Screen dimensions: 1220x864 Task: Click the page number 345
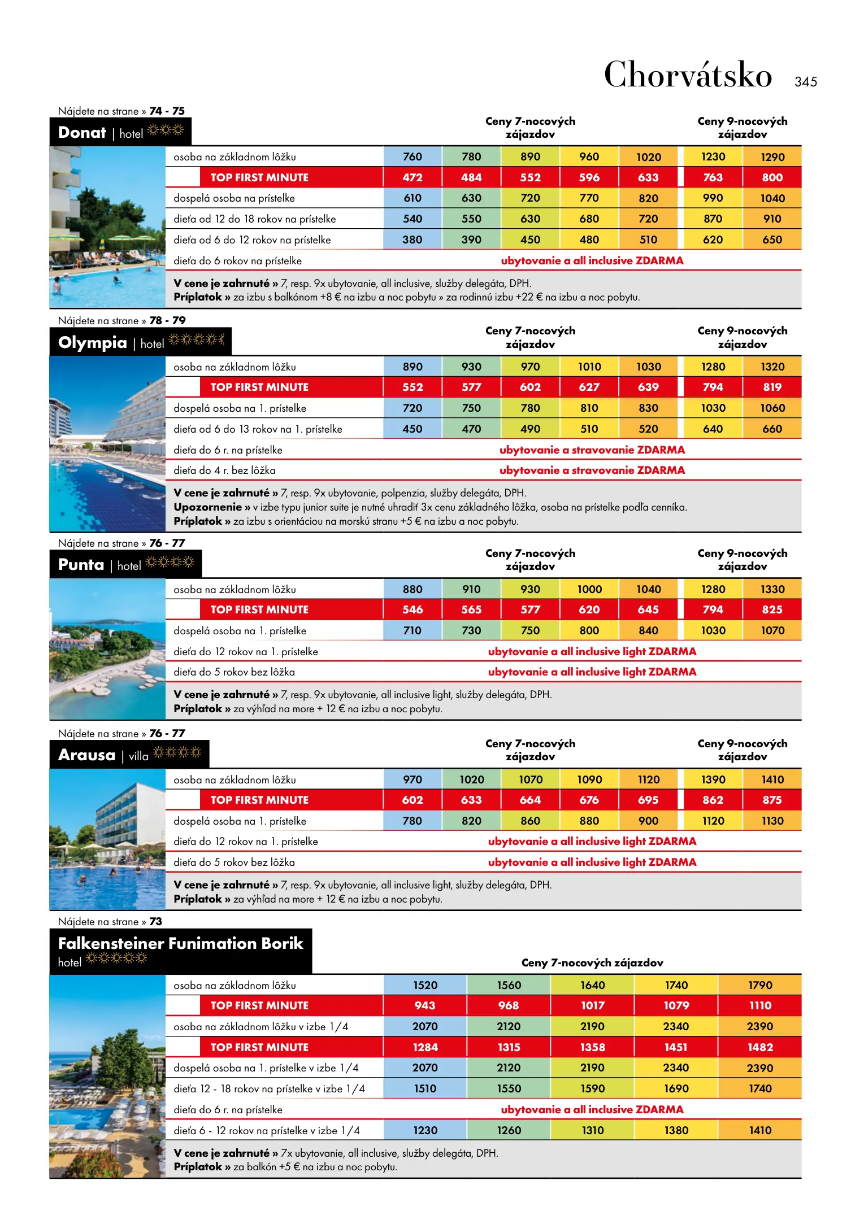coord(805,82)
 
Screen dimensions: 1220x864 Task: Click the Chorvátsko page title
coord(688,75)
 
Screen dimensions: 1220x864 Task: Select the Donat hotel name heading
coord(83,133)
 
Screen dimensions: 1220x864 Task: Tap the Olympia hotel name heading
coord(93,342)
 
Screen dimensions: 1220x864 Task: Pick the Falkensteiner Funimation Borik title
coord(181,943)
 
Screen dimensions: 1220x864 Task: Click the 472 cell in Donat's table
coord(413,177)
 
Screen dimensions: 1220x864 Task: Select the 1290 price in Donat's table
coord(772,157)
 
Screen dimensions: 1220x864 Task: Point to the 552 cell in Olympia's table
coord(413,387)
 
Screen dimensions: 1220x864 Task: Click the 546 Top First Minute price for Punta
coord(413,609)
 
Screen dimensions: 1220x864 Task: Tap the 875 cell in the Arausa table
coord(772,800)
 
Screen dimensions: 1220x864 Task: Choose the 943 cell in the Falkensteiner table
coord(425,1005)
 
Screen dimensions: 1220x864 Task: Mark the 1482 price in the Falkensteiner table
coord(760,1047)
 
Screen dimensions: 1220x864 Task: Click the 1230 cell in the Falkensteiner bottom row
coord(425,1130)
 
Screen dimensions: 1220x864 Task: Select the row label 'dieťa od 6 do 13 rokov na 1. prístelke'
coord(258,429)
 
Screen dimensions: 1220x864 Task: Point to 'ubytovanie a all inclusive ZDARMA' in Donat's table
coord(592,261)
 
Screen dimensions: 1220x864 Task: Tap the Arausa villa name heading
coord(87,755)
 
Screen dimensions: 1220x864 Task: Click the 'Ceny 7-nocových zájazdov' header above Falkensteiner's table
coord(592,962)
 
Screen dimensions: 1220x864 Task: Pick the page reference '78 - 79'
coord(167,320)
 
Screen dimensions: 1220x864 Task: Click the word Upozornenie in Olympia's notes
coord(207,507)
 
